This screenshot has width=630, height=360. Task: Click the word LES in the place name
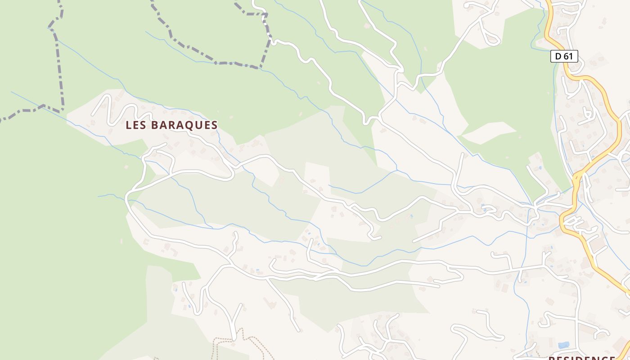[135, 125]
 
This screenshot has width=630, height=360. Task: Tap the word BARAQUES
[184, 125]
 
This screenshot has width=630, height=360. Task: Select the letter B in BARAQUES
[154, 125]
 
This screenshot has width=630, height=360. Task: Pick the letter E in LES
[136, 125]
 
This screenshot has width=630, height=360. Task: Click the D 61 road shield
[564, 56]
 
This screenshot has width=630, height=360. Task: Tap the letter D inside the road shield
[558, 56]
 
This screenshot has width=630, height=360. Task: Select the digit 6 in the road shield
[566, 56]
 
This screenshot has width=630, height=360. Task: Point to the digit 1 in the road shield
[571, 56]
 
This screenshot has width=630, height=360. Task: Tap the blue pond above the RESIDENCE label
[563, 345]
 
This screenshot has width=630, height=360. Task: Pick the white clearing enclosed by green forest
[488, 132]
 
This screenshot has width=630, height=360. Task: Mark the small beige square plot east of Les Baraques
[317, 175]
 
